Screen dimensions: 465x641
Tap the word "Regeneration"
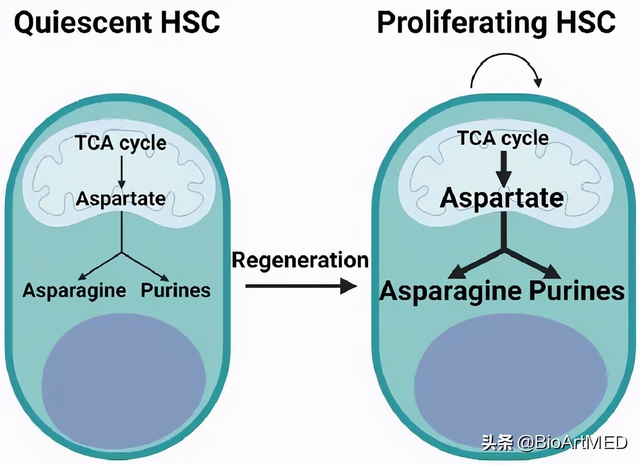tap(300, 260)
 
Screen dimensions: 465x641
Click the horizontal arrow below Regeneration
tap(301, 286)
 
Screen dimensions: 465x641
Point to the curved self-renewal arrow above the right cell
tap(505, 72)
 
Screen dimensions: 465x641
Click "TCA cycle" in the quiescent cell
tap(121, 143)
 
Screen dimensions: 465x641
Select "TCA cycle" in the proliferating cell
tap(503, 138)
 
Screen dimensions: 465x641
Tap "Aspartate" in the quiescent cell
tap(121, 199)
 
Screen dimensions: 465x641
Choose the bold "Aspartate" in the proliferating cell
tap(502, 198)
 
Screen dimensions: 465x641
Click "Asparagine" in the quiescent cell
tap(74, 290)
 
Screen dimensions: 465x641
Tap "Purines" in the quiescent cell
tap(175, 290)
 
